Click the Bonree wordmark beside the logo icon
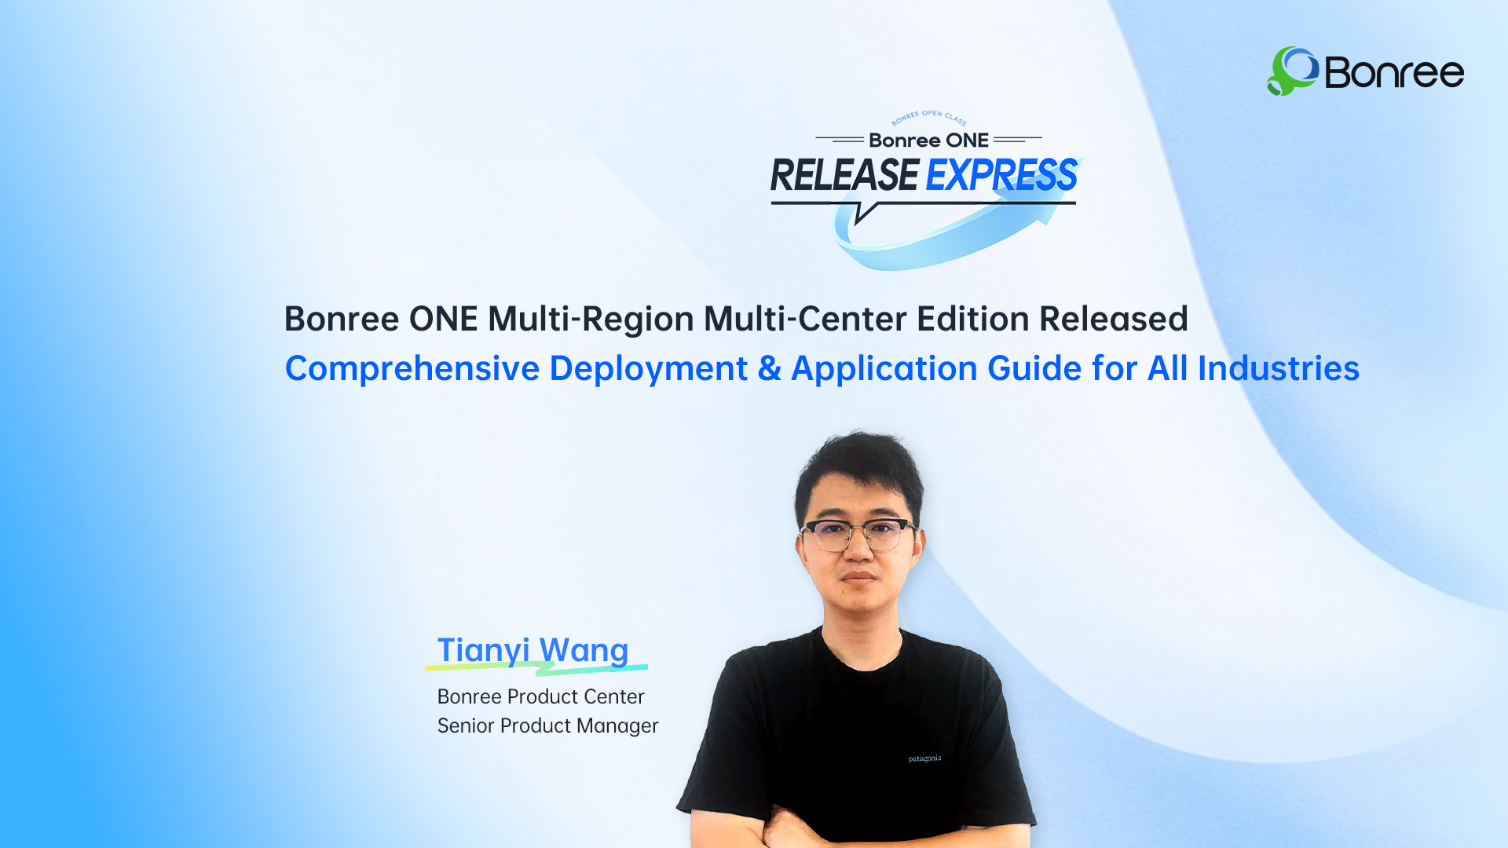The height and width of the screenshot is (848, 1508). coord(1394,72)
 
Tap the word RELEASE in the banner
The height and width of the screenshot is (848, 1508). coord(844,175)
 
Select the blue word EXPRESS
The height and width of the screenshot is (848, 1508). coord(1002,175)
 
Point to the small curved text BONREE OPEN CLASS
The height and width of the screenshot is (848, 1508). coord(929,117)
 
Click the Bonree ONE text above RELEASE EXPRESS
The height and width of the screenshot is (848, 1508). coord(928,141)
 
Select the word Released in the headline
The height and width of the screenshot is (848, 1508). coord(1114,319)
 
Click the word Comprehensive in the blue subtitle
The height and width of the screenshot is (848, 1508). coord(412,369)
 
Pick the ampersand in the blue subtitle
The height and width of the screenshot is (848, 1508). coord(769,369)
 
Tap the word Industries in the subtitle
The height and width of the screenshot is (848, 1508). coord(1278,368)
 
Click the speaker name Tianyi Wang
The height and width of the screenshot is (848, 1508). coord(533,650)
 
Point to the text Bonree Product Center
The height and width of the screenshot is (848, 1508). coord(540,696)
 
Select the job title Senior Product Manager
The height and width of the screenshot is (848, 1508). coord(547,726)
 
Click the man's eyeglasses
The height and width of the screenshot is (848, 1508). coord(858,535)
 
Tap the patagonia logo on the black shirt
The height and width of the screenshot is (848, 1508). coord(924,758)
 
